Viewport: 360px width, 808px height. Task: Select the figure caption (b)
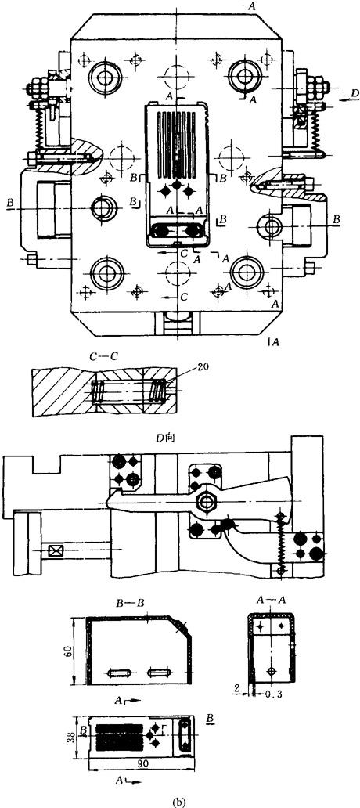click(180, 801)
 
